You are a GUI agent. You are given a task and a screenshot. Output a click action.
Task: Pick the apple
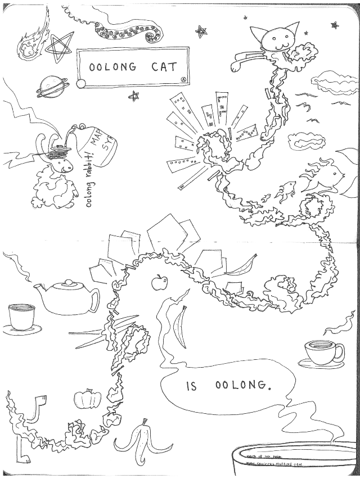[160, 282]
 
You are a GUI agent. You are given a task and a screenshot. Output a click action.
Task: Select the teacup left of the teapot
[21, 317]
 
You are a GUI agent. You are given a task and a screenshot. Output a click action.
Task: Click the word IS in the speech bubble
[191, 387]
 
